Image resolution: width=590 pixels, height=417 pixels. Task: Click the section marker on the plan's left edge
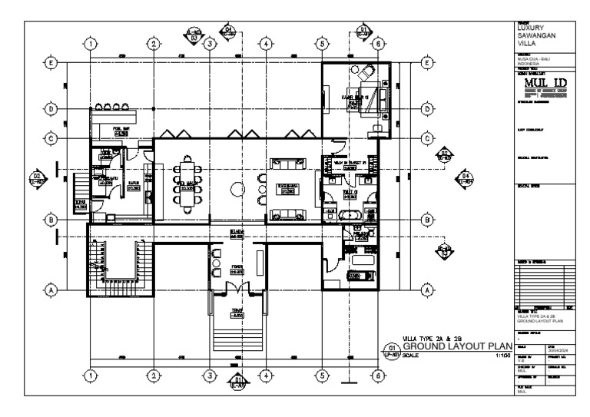click(37, 179)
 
